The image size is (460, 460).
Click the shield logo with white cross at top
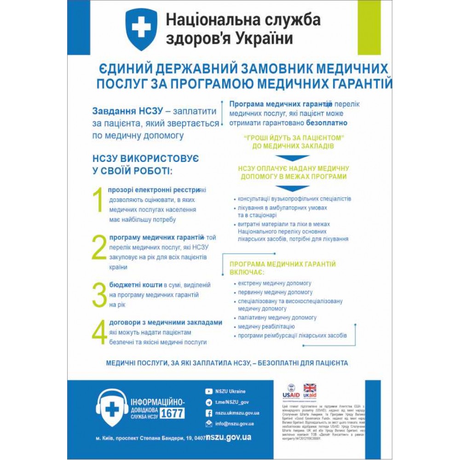[x=141, y=29]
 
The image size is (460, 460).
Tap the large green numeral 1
[x=98, y=201]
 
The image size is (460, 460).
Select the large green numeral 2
[x=99, y=248]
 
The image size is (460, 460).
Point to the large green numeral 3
[x=99, y=295]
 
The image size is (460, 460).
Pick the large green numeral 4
[x=99, y=333]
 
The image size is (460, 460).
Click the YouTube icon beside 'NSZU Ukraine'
[x=209, y=391]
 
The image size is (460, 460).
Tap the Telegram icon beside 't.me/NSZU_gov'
[x=209, y=402]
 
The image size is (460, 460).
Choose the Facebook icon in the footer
[x=209, y=413]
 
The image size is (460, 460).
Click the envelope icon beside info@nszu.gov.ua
[x=209, y=424]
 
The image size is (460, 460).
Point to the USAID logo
[x=291, y=391]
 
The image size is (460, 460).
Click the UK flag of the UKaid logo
[x=310, y=388]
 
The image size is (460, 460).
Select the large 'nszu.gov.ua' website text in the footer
[x=229, y=437]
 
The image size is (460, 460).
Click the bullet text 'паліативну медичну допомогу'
[x=277, y=318]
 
